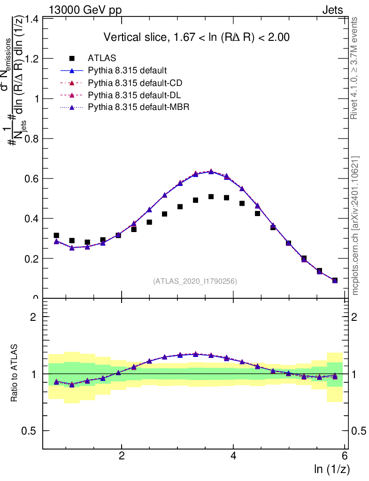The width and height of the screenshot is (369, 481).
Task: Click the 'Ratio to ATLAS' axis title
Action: [15, 373]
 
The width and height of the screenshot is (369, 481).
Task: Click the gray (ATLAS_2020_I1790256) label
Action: [194, 281]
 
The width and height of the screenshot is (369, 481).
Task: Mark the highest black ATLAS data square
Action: [211, 197]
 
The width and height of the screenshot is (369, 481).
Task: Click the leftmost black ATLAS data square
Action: [56, 235]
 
